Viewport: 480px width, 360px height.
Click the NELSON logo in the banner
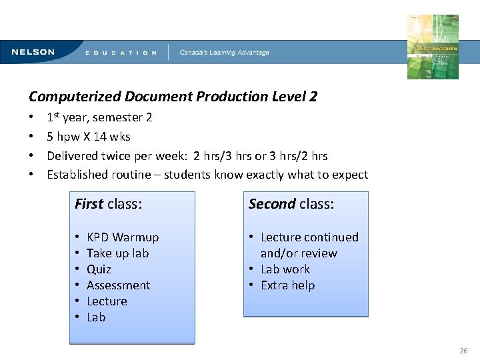point(33,52)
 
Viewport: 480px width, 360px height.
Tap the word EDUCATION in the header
point(121,53)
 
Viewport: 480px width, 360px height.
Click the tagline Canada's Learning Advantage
point(225,53)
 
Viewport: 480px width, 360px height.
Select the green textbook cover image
point(433,47)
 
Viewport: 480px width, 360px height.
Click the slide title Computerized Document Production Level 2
point(173,97)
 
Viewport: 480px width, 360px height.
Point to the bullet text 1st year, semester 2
point(99,117)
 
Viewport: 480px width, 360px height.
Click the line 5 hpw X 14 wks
point(89,137)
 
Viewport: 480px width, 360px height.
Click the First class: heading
point(108,204)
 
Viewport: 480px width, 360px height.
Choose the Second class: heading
point(291,204)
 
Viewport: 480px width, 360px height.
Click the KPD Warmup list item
point(123,237)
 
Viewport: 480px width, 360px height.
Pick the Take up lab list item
point(117,253)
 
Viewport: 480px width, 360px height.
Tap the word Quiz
point(99,269)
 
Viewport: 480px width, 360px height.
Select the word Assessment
point(118,285)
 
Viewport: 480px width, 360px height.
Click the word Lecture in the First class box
point(107,301)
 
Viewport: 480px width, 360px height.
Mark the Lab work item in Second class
point(285,269)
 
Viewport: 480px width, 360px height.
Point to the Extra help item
point(287,285)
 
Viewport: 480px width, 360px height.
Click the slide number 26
point(463,351)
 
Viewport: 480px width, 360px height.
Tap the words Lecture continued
point(309,237)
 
